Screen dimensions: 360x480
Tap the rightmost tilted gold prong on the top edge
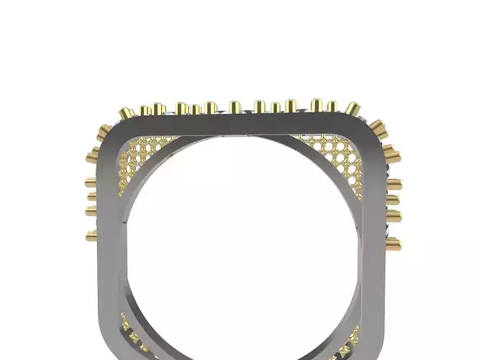(351, 108)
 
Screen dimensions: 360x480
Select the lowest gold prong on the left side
(91, 235)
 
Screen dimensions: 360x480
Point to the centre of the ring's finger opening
(241, 245)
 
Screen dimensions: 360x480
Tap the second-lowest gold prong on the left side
(91, 211)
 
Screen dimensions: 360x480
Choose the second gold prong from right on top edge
(332, 106)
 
